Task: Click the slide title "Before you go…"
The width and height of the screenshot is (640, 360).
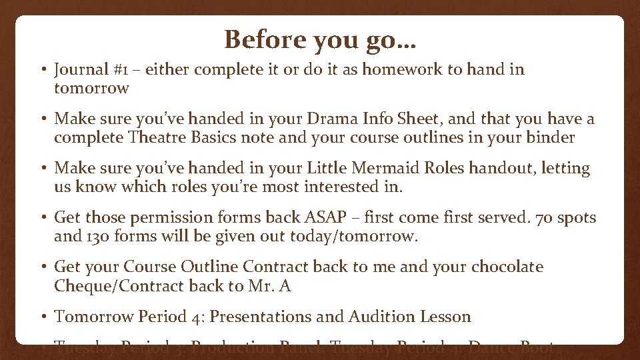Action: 320,39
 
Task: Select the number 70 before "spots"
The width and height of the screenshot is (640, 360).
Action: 527,218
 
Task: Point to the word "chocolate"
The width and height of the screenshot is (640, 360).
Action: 507,267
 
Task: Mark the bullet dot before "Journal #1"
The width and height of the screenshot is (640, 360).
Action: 43,70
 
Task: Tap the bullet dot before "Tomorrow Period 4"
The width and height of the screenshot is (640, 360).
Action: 43,317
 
